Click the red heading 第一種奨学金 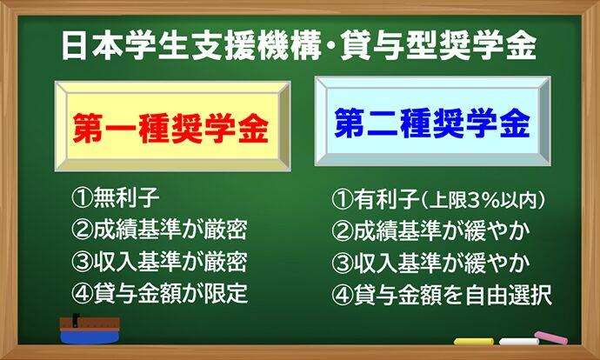tap(170, 128)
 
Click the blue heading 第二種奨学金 tap(432, 123)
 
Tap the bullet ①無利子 tap(115, 197)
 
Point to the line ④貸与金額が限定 tap(159, 293)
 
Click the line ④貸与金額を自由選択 tap(442, 295)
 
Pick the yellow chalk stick tap(474, 341)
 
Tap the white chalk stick tap(518, 341)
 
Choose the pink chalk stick tap(551, 337)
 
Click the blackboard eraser tap(90, 329)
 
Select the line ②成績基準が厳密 tap(159, 230)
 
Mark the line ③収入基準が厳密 tap(159, 262)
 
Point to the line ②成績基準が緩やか tap(430, 230)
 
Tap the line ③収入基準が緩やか tap(430, 263)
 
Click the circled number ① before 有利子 tap(342, 200)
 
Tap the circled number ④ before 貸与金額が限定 tap(82, 293)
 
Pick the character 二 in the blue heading tap(383, 123)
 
